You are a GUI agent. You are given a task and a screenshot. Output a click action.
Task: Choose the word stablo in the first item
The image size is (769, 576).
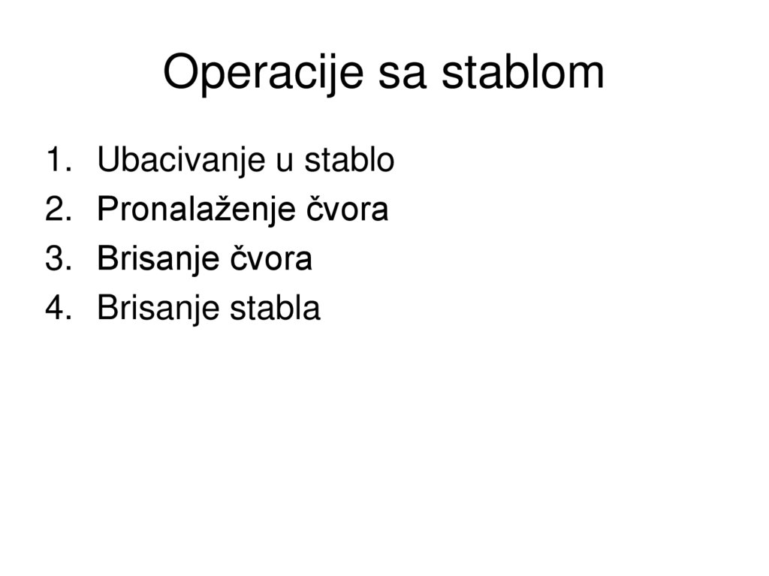(x=348, y=161)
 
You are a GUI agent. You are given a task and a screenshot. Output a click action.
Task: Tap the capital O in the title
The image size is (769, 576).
(x=180, y=74)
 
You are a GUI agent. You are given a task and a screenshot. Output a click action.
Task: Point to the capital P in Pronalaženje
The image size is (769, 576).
(x=107, y=210)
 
